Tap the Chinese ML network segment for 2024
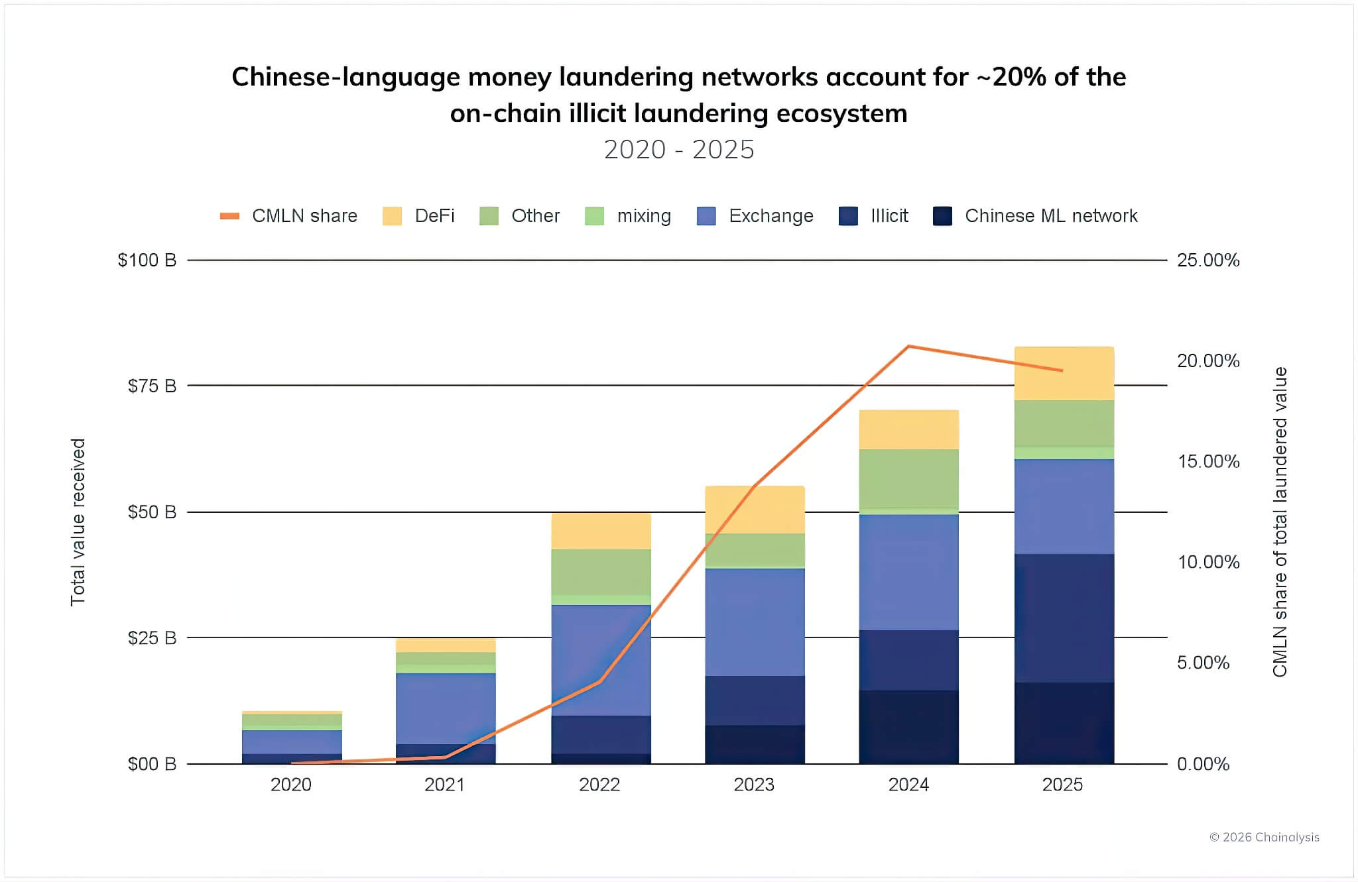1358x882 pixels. [908, 727]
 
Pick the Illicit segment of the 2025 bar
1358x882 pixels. [1064, 618]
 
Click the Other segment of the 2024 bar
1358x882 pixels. [908, 478]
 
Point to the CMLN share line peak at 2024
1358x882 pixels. [908, 346]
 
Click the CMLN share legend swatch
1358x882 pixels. [229, 216]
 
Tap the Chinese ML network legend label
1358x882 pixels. [1051, 216]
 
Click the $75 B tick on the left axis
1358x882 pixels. [152, 386]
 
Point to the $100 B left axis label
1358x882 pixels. [147, 260]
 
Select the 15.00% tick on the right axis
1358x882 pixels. [1207, 461]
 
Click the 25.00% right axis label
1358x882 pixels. [1207, 260]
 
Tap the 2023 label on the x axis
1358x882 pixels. [754, 785]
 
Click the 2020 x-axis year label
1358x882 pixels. [291, 785]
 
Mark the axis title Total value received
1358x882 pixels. [78, 522]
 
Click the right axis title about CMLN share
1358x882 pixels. [1280, 522]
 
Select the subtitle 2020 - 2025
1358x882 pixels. [679, 150]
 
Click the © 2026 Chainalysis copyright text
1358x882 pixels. [1264, 837]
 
